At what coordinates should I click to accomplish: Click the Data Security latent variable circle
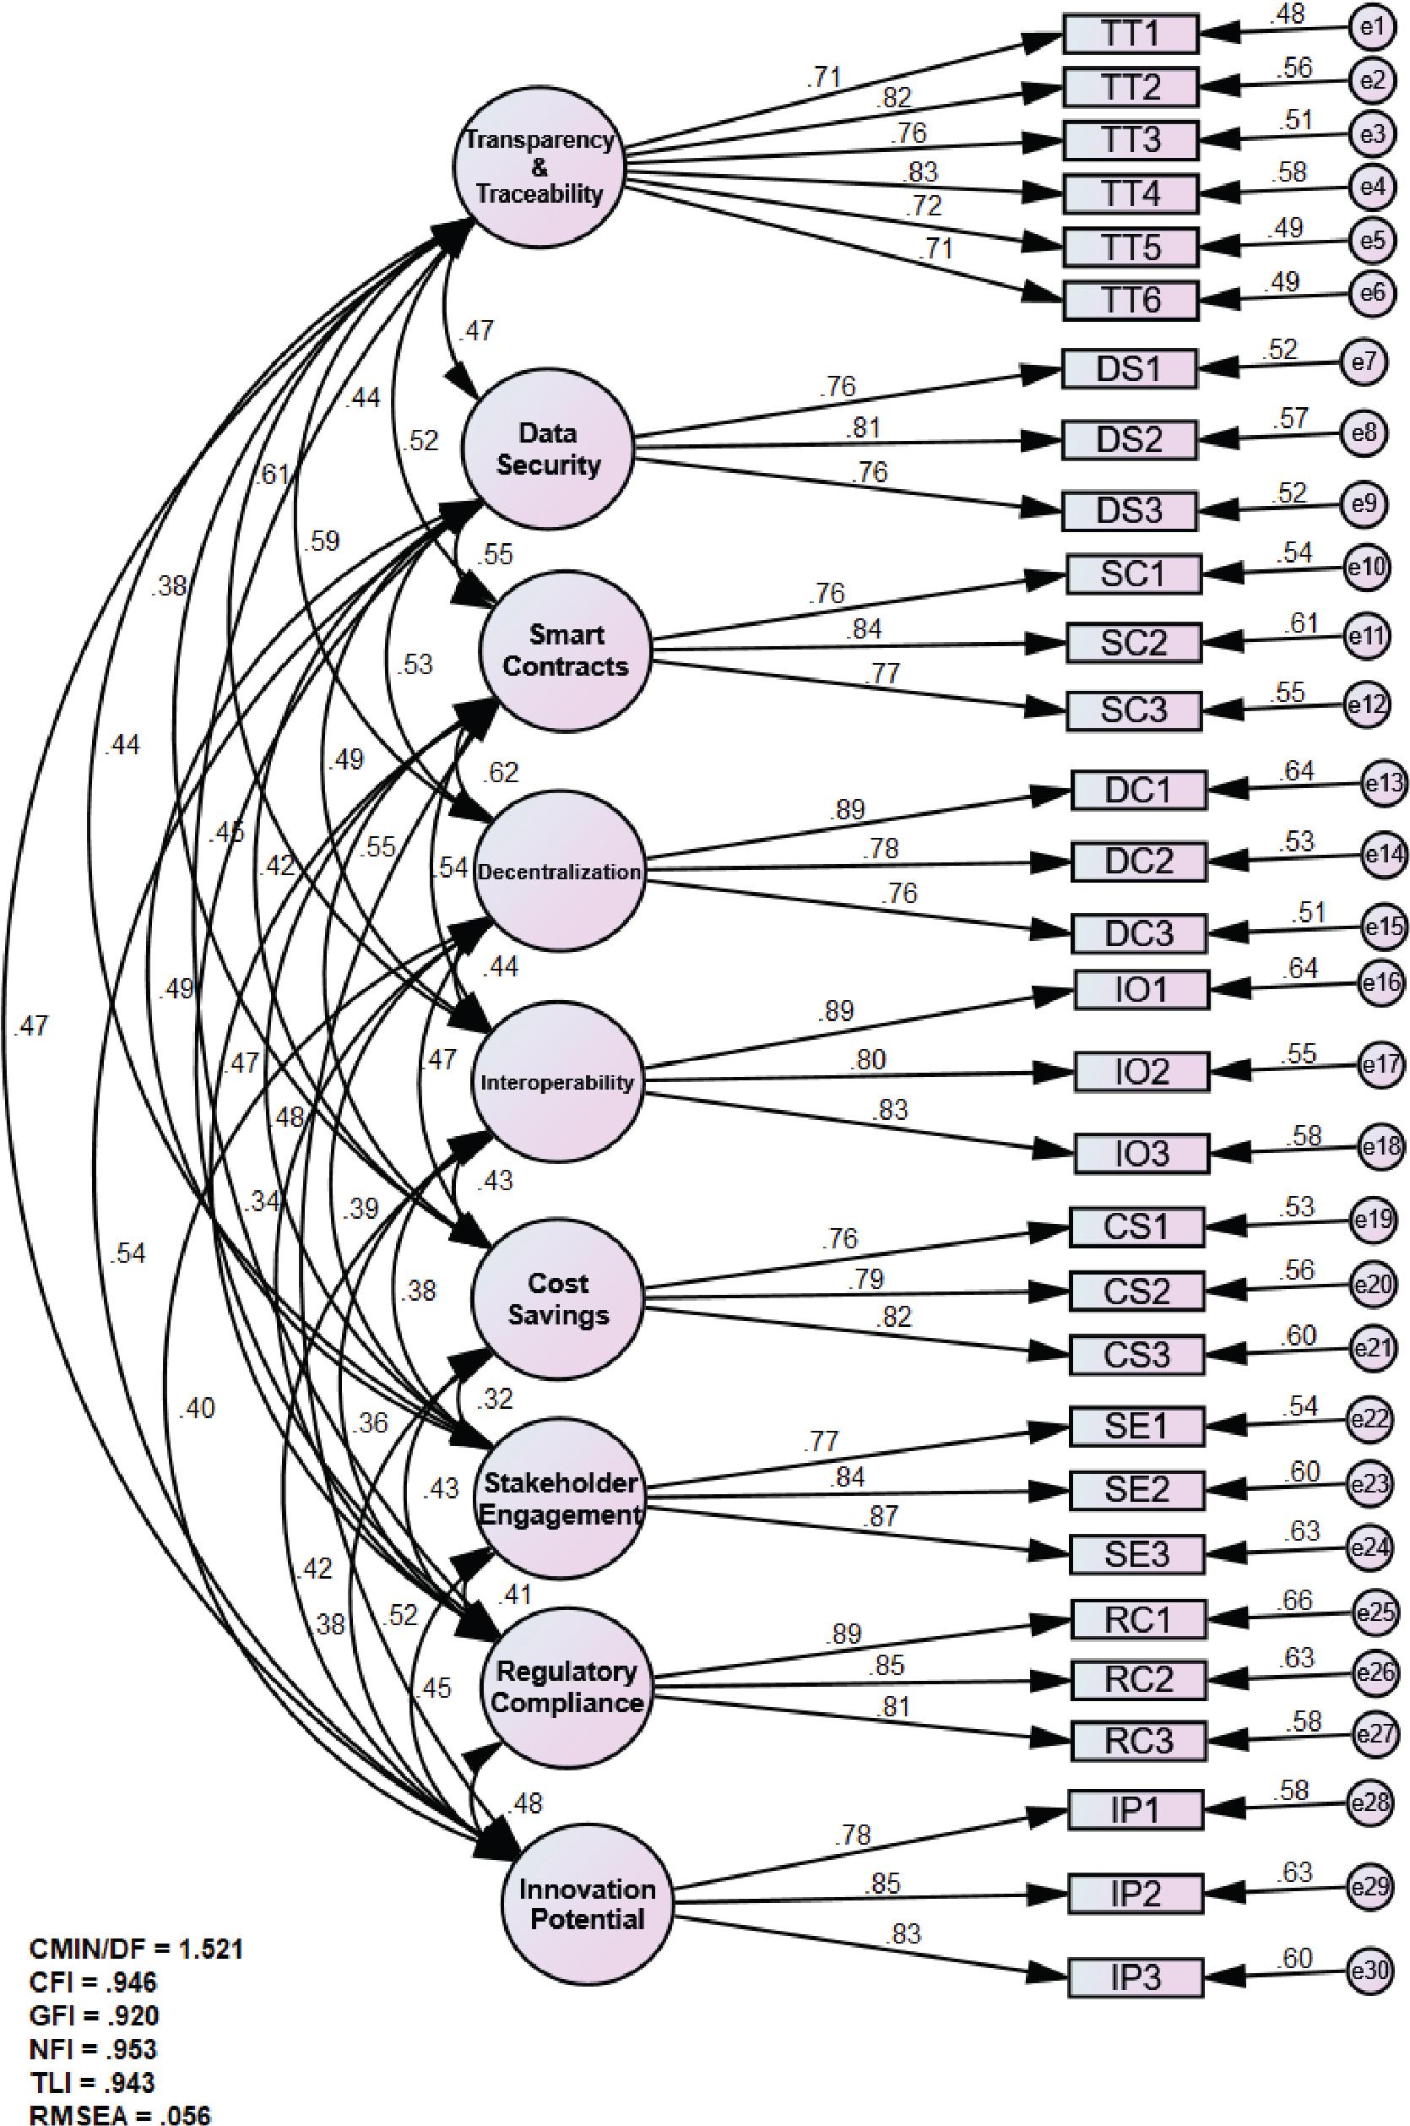[548, 449]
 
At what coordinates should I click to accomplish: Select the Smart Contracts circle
[566, 650]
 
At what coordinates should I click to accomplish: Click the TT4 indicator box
[1131, 193]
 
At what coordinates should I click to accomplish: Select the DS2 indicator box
[1130, 440]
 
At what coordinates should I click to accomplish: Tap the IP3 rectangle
[1136, 1977]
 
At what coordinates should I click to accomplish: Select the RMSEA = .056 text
[121, 2114]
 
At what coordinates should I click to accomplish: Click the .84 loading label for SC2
[865, 630]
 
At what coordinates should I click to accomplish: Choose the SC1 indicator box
[1134, 574]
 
